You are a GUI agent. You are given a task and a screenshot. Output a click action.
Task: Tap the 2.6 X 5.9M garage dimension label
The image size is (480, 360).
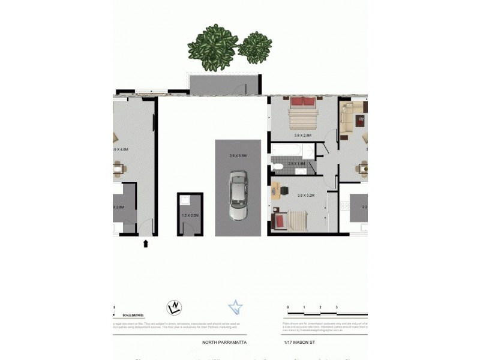pos(238,155)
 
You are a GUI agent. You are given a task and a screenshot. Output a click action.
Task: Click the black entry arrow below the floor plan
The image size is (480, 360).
pos(145,243)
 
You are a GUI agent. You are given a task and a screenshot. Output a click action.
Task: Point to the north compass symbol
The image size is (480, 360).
pos(173,308)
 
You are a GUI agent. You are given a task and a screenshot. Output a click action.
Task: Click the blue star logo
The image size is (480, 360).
pos(236,308)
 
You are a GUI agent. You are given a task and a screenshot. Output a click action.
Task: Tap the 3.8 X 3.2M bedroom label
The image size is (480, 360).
pos(306,195)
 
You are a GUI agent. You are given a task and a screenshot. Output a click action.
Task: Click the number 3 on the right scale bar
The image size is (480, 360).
pos(337,307)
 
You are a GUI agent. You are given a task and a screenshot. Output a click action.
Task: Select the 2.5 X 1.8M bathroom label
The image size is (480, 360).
pos(296,163)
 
